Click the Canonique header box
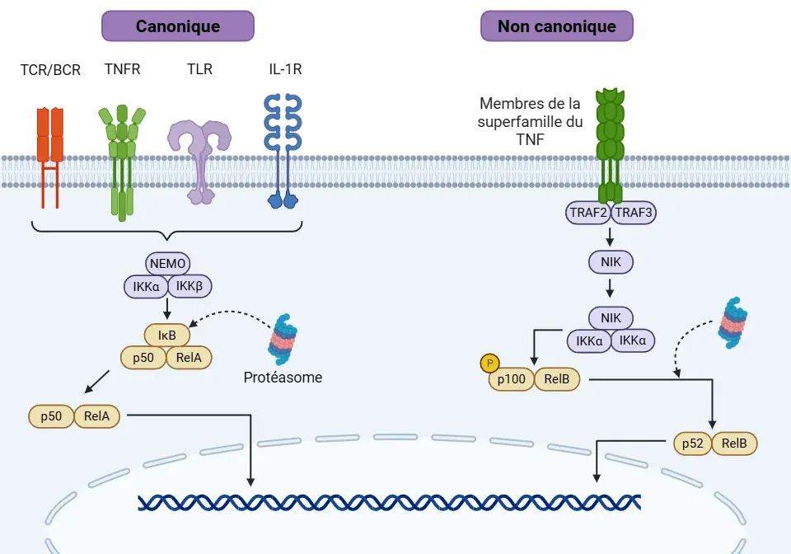coord(177,26)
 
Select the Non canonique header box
coord(556,26)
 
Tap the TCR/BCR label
coord(50,70)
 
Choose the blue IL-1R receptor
coord(283,148)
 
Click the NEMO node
coord(168,264)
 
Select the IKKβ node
coord(191,286)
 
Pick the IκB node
coord(167,336)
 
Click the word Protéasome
coord(283,378)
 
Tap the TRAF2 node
coord(587,213)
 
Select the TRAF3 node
coord(633,213)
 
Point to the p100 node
coord(511,380)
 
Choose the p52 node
coord(692,444)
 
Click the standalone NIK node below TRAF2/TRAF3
coord(611,263)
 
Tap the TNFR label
coord(123,69)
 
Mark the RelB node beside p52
coord(733,444)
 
